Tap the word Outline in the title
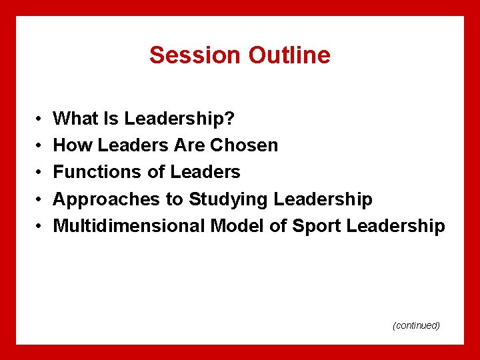[289, 55]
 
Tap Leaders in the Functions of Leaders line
[205, 172]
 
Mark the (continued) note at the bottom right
[416, 325]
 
